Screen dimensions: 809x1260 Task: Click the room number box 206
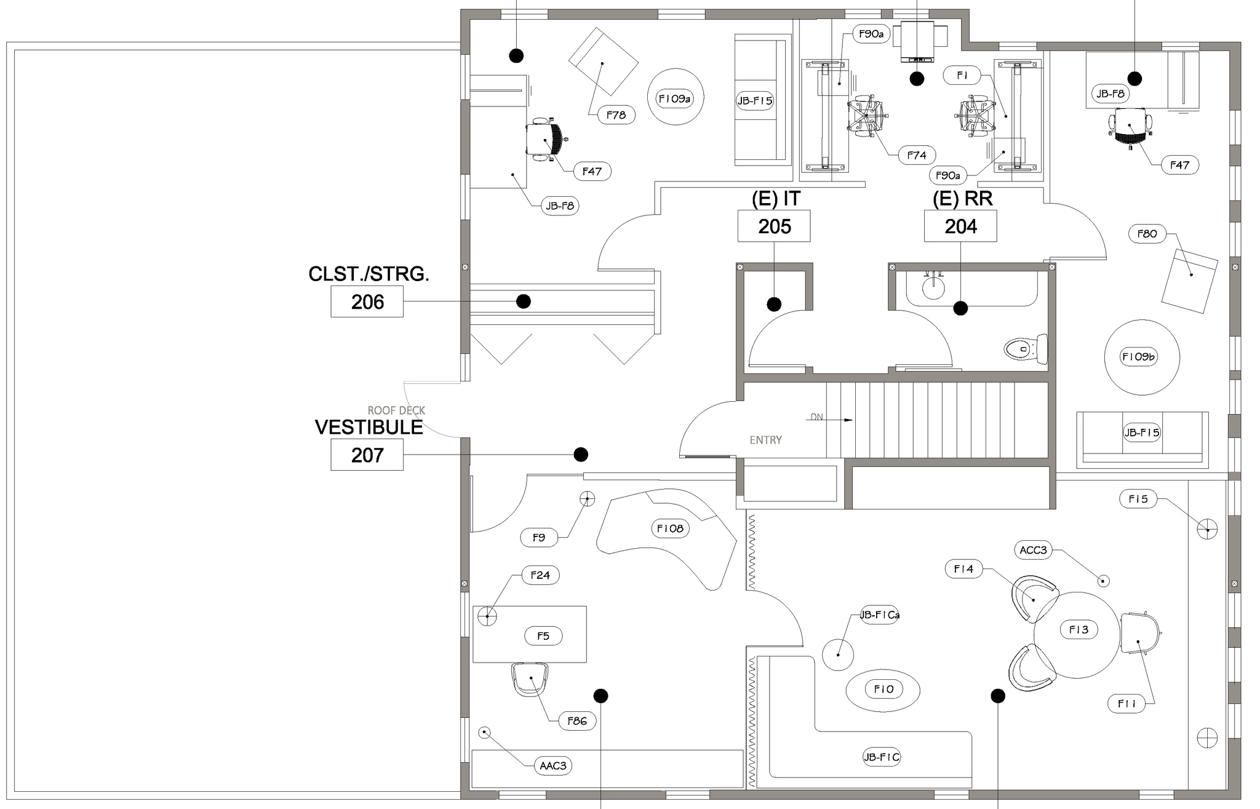coord(367,301)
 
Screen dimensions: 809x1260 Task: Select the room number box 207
coord(367,455)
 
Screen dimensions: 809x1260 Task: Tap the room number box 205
coord(774,226)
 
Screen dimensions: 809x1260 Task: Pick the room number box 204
coord(960,226)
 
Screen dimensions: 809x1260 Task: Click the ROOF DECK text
coord(396,410)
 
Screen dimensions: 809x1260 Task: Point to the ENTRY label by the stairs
coord(765,440)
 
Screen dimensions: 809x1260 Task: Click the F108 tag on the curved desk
coord(670,528)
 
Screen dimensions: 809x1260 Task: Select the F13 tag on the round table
coord(1079,629)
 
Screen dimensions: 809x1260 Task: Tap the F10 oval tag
coord(883,690)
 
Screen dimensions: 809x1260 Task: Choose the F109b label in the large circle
coord(1139,357)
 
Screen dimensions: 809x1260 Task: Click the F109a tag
coord(675,98)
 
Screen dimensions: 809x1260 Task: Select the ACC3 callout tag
coord(1033,550)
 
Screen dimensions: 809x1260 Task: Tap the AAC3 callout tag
coord(552,766)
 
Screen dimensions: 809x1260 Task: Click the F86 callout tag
coord(577,721)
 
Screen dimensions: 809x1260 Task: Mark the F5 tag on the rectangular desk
coord(543,636)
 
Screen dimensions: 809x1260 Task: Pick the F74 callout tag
coord(917,156)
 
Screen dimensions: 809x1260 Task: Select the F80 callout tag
coord(1147,234)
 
